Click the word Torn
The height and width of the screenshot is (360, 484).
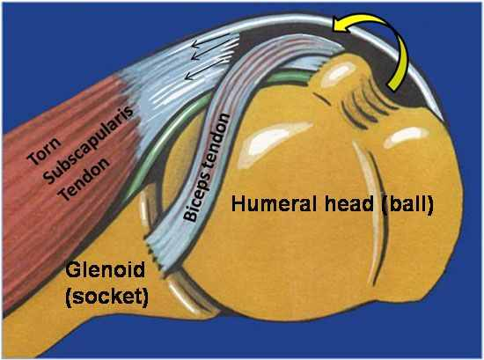[x=44, y=151]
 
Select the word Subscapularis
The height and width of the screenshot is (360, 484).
[x=89, y=143]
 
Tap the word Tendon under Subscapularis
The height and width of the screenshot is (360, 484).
[x=84, y=179]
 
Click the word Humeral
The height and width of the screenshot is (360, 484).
[x=274, y=204]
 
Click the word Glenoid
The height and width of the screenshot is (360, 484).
[x=105, y=269]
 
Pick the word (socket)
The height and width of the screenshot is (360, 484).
[x=106, y=297]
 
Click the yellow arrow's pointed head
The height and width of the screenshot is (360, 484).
[x=334, y=24]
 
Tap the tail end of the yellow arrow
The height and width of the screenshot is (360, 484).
[x=392, y=86]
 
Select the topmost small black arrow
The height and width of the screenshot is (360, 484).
[x=211, y=42]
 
